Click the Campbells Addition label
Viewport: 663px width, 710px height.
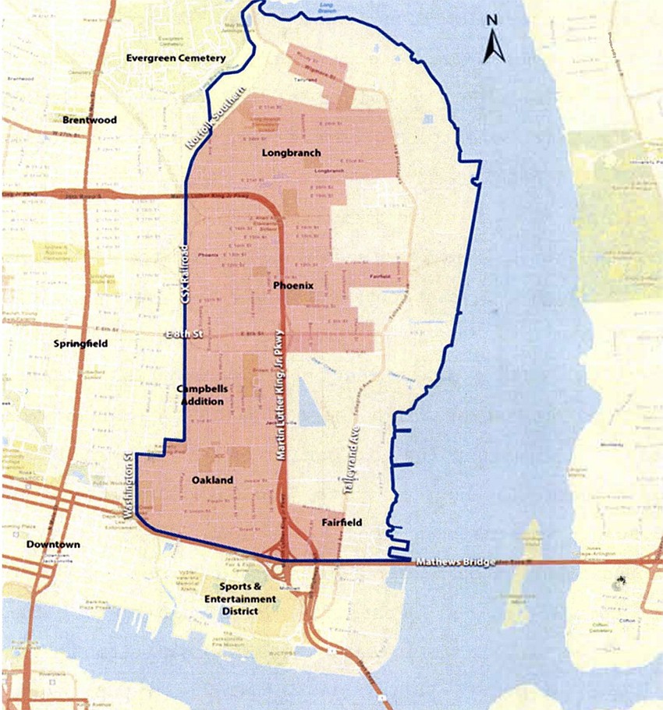point(200,394)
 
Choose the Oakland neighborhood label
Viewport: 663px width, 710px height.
point(212,481)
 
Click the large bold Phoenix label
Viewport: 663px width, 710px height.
point(294,286)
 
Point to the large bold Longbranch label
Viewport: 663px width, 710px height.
point(282,153)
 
